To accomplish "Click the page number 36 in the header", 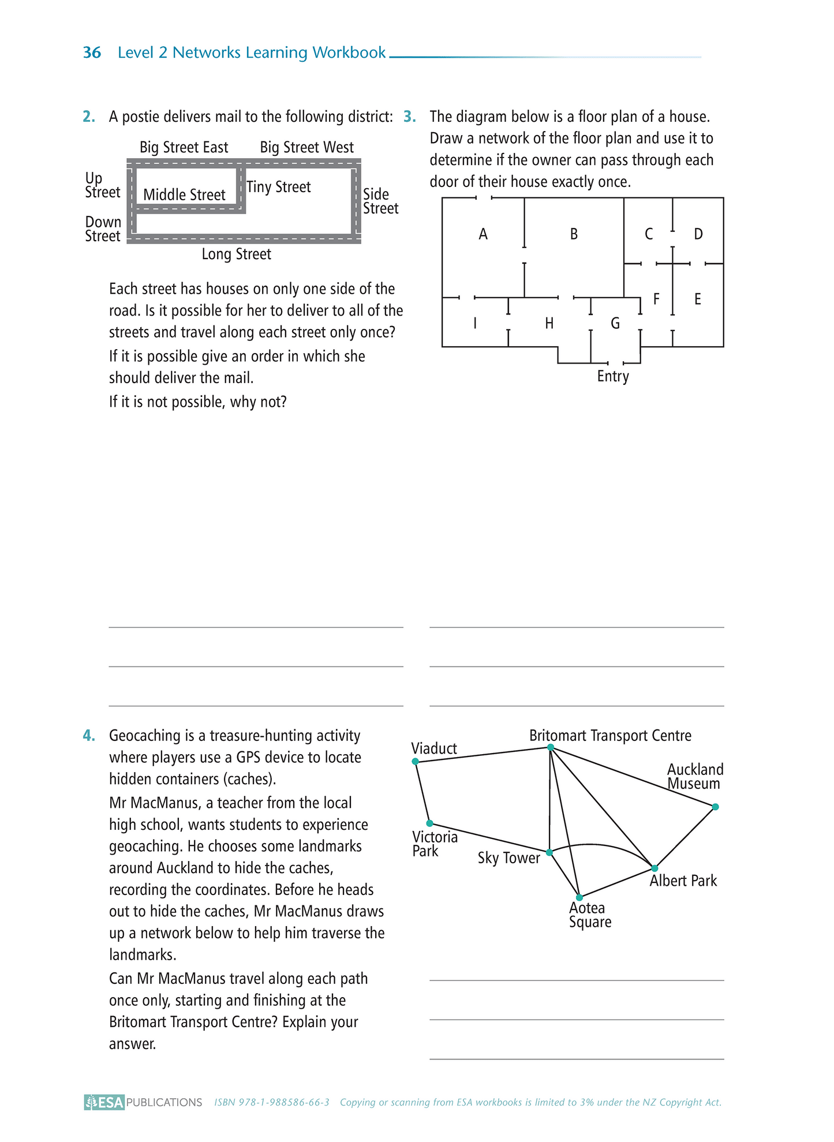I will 92,53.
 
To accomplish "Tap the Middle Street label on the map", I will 184,195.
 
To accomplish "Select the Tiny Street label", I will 278,187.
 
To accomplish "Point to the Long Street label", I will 236,254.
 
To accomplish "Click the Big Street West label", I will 306,147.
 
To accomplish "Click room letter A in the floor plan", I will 483,234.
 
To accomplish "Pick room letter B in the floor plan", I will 574,234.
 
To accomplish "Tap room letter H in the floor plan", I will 549,324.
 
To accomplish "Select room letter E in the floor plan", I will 698,299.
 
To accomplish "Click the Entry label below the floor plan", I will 613,376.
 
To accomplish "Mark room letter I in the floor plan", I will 475,323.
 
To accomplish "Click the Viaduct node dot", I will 415,762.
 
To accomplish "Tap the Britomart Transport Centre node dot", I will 551,747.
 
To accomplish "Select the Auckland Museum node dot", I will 715,807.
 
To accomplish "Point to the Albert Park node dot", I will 655,868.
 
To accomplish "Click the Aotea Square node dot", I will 579,897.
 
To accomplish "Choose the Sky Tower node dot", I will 549,852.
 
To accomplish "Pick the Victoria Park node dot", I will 429,823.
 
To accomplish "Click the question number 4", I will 89,736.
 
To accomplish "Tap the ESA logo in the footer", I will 104,1102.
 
